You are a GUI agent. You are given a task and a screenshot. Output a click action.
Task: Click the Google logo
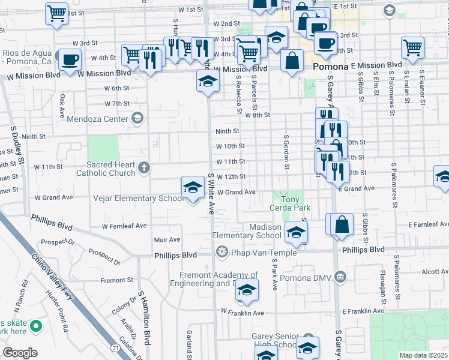point(20,352)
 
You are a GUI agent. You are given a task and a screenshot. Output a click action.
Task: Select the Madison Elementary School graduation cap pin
point(295,231)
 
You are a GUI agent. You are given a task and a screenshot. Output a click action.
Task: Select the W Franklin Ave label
point(243,313)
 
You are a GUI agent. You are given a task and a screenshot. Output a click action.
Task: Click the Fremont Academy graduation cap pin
point(246,290)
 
